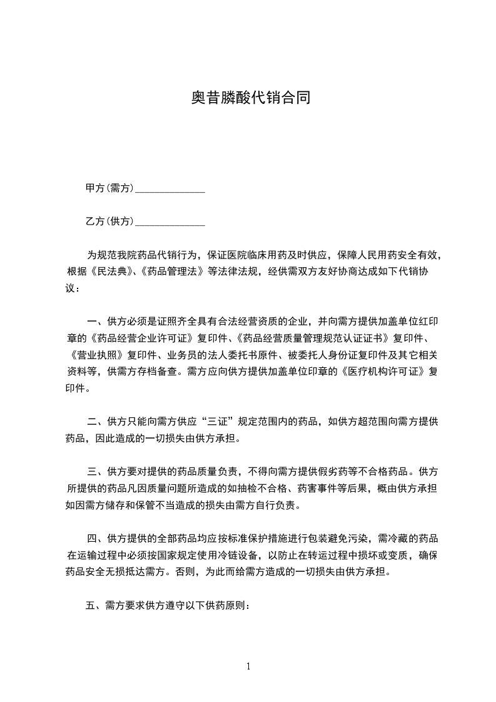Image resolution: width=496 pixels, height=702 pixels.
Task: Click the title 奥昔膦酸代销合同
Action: coord(250,98)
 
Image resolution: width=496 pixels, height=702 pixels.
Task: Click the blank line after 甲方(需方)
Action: coord(170,188)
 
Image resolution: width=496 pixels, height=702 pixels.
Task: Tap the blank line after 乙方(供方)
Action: coord(170,221)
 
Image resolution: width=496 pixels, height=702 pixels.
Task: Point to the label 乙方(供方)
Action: coord(109,221)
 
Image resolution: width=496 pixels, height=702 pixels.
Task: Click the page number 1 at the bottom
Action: coord(248,666)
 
